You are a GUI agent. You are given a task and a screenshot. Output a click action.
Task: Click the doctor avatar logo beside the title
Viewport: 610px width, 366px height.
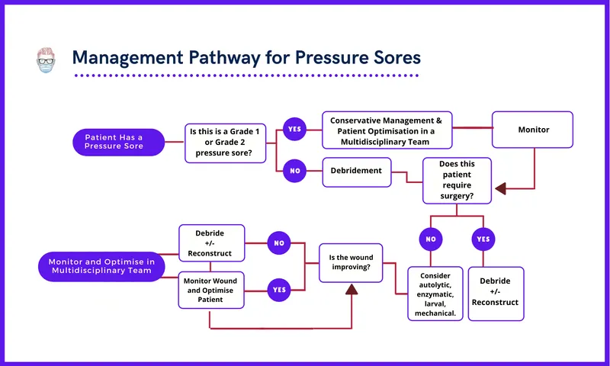pyautogui.click(x=47, y=59)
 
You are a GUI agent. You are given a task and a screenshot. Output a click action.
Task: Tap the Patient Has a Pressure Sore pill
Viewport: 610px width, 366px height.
pyautogui.click(x=118, y=142)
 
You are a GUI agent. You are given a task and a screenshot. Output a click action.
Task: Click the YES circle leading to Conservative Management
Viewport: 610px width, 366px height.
pyautogui.click(x=294, y=129)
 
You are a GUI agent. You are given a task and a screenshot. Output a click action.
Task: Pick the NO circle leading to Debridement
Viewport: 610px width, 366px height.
pyautogui.click(x=294, y=171)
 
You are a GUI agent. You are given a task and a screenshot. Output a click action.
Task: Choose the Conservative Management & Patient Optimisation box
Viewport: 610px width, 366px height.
pyautogui.click(x=387, y=130)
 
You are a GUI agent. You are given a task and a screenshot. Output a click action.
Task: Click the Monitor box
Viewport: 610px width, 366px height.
pyautogui.click(x=533, y=130)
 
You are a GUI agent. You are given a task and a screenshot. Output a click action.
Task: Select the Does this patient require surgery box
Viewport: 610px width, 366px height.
pyautogui.click(x=457, y=181)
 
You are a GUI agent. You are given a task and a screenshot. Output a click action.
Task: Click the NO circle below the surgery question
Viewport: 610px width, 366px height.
pyautogui.click(x=431, y=239)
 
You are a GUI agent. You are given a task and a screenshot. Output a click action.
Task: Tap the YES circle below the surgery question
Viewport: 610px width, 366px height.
pyautogui.click(x=483, y=239)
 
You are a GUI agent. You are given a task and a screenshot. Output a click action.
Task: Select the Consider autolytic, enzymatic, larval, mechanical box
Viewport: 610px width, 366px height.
pyautogui.click(x=435, y=293)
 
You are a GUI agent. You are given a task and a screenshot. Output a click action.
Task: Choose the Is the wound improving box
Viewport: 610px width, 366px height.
pyautogui.click(x=350, y=264)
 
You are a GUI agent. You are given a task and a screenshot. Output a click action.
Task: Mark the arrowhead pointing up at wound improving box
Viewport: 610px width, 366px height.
pyautogui.click(x=352, y=289)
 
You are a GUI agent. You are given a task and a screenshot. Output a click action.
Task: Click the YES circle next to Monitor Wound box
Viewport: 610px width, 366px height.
pyautogui.click(x=280, y=289)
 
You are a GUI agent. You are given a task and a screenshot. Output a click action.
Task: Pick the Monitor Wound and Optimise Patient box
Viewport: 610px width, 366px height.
pyautogui.click(x=211, y=290)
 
